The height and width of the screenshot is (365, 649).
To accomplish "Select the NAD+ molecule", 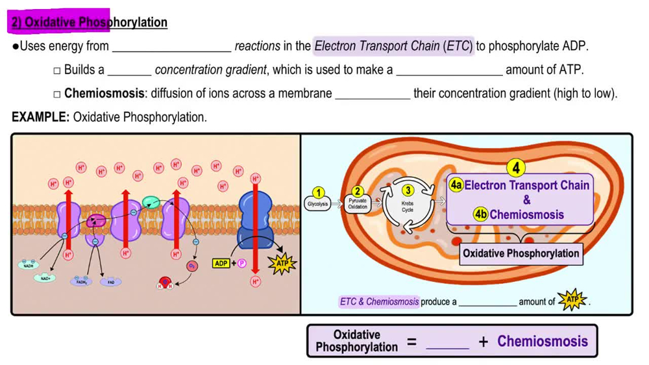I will tap(45, 278).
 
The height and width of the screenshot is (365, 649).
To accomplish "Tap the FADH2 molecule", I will tap(82, 283).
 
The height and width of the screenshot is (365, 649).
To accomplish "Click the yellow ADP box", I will tap(221, 263).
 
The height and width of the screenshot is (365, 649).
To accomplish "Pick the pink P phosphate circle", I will tap(241, 263).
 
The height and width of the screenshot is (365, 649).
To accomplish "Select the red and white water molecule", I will tap(166, 283).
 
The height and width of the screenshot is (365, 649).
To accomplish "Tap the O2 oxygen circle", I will tap(192, 266).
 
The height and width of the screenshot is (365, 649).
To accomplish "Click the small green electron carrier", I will tap(151, 202).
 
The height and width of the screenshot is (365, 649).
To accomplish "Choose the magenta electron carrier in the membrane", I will tap(97, 221).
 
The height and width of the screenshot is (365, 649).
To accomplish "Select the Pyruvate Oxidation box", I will tap(358, 203).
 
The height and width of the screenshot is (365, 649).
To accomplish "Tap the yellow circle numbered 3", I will tap(408, 190).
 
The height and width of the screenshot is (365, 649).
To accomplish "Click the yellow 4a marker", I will tap(456, 185).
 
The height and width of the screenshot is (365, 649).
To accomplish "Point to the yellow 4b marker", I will tap(481, 215).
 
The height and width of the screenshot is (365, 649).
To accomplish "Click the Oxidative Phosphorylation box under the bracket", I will tap(521, 253).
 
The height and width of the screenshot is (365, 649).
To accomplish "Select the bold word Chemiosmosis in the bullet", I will tap(104, 94).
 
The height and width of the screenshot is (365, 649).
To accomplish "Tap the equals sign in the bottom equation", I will tap(411, 342).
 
